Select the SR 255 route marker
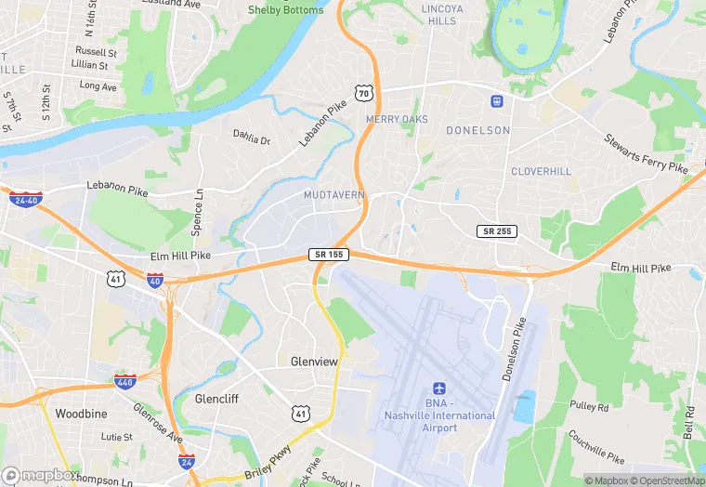498,230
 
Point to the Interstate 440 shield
124,381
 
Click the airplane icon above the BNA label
439,390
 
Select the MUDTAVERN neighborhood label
333,195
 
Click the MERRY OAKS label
396,120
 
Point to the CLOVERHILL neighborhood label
541,172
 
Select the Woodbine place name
82,413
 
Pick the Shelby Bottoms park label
285,10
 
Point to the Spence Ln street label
198,212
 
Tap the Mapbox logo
41,475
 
